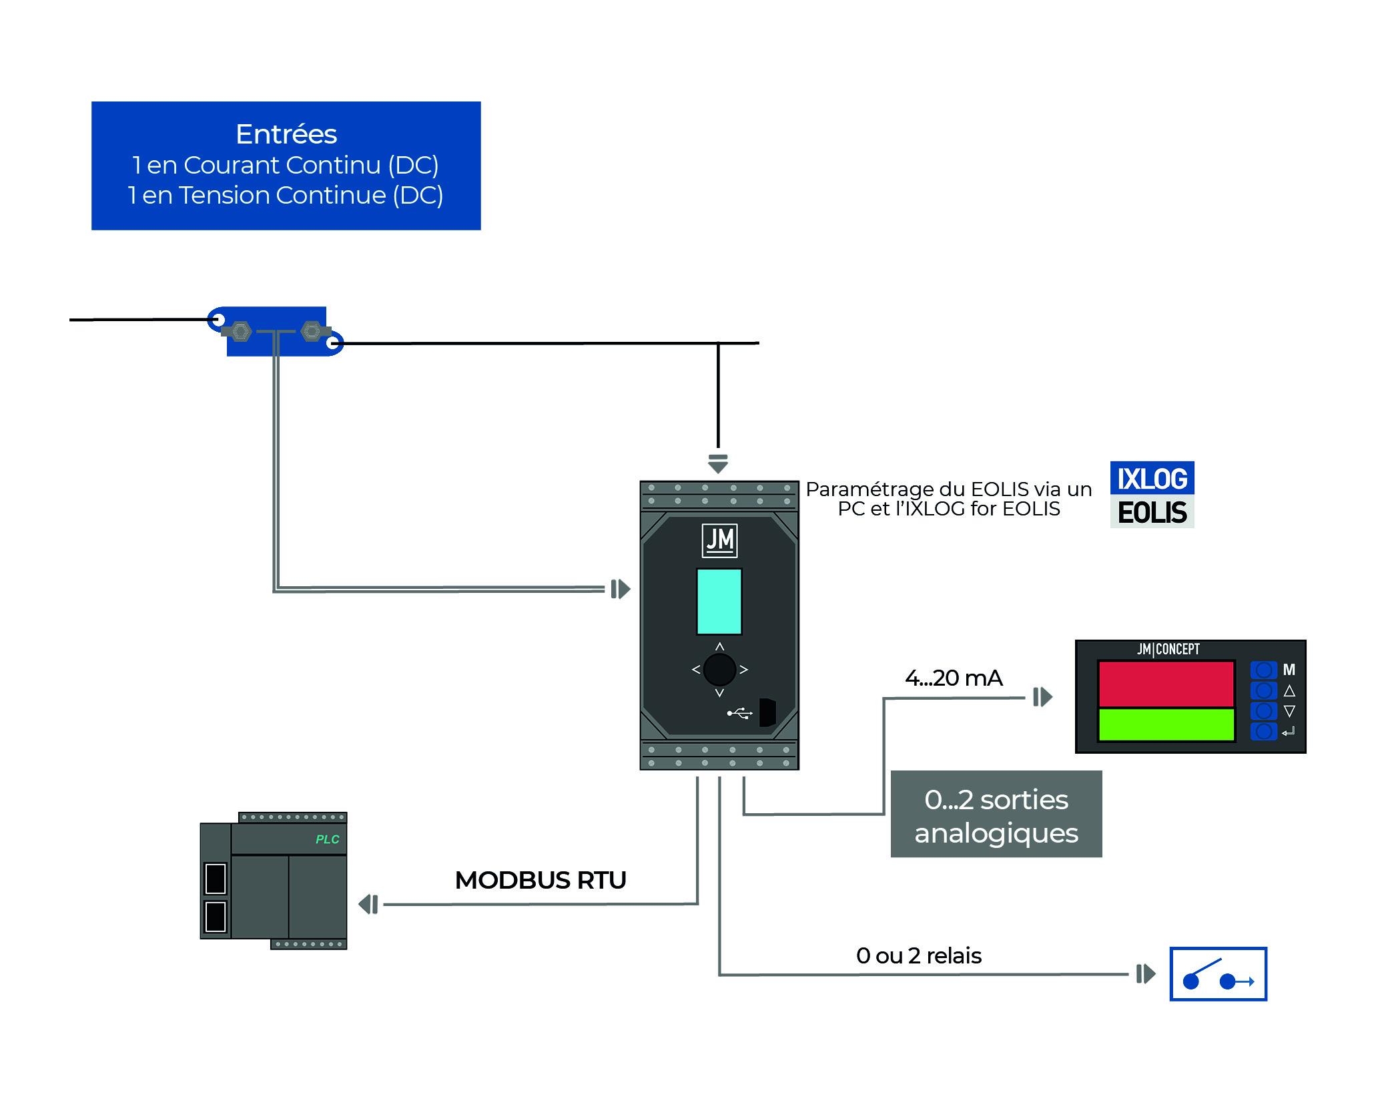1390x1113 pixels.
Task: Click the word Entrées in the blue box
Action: pos(286,134)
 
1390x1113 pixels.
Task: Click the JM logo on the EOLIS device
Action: pos(719,540)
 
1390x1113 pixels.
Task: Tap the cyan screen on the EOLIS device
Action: pos(719,601)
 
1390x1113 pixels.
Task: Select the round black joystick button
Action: pos(719,670)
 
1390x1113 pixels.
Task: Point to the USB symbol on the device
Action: pos(739,714)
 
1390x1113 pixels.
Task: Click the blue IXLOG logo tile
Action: pos(1152,479)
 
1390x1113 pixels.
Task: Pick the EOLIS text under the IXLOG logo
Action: pos(1152,513)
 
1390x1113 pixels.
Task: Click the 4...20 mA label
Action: pos(954,678)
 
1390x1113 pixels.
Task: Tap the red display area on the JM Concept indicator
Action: pos(1166,684)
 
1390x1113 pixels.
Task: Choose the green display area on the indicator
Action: pos(1166,725)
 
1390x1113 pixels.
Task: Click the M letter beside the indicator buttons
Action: pos(1289,670)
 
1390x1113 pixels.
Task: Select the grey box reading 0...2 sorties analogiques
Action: pos(996,815)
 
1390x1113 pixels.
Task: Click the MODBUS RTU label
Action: pos(541,880)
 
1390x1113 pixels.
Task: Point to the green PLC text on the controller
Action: pos(327,839)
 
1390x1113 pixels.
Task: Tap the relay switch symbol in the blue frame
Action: pos(1218,974)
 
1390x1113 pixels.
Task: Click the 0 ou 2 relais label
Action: pos(918,956)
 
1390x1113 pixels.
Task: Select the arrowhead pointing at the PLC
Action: pos(368,905)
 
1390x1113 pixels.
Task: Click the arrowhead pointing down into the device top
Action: pos(718,464)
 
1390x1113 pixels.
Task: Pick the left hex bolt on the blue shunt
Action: pos(240,331)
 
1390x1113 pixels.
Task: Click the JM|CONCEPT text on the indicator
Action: pos(1168,649)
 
